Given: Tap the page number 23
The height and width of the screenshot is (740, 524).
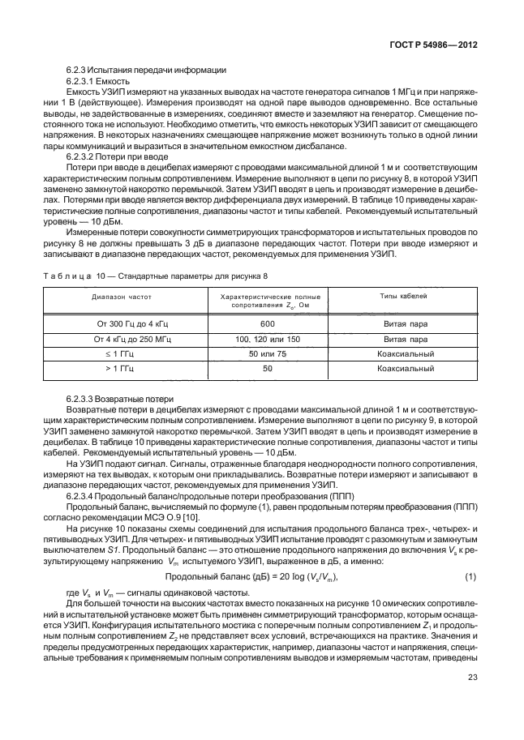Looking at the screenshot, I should (x=470, y=678).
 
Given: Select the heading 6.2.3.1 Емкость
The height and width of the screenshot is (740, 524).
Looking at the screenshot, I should (x=94, y=83).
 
